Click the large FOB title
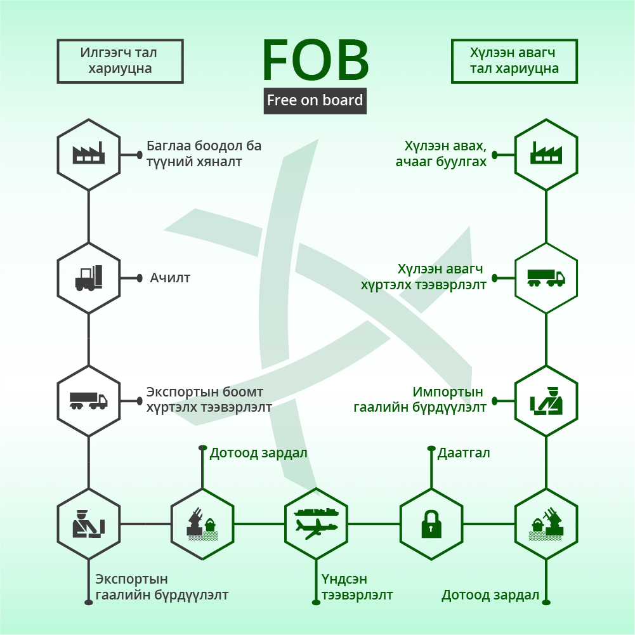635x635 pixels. click(x=315, y=60)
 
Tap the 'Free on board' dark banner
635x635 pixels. click(x=315, y=100)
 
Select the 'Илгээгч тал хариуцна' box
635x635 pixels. click(x=121, y=61)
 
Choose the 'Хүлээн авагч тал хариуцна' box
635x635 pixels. click(x=514, y=61)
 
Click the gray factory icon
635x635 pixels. click(x=89, y=153)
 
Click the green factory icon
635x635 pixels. click(x=546, y=153)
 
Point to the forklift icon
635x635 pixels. click(x=89, y=278)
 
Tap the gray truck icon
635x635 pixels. click(x=89, y=400)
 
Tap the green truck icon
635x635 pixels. click(x=546, y=278)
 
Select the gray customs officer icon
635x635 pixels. click(x=89, y=523)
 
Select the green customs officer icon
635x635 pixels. click(x=546, y=401)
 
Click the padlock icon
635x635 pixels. click(x=431, y=524)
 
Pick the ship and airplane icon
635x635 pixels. click(x=316, y=523)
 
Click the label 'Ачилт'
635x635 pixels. click(x=170, y=278)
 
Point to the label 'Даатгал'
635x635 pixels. click(x=464, y=453)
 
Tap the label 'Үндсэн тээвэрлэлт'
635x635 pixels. click(x=357, y=587)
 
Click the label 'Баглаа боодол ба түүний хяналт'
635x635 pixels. click(x=204, y=154)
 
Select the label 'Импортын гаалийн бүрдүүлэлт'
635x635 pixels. click(x=420, y=399)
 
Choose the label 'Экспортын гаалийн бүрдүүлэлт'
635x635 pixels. click(x=162, y=587)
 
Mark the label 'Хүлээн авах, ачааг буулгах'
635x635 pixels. click(x=441, y=154)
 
